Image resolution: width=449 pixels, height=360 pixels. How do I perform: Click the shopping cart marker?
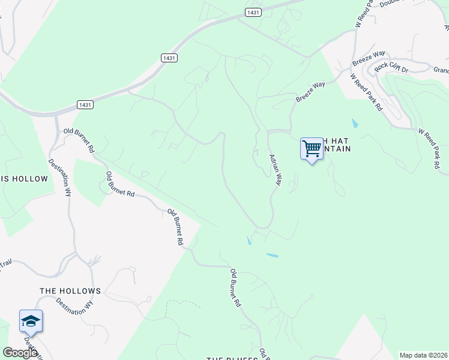pyautogui.click(x=312, y=149)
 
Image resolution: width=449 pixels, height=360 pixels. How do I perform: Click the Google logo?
pyautogui.click(x=20, y=353)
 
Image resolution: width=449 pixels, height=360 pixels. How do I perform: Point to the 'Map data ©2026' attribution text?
pyautogui.click(x=423, y=355)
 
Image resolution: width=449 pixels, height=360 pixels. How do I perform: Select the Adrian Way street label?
pyautogui.click(x=276, y=170)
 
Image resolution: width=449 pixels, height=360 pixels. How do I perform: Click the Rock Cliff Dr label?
pyautogui.click(x=391, y=65)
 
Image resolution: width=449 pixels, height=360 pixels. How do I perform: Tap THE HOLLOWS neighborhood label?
pyautogui.click(x=70, y=291)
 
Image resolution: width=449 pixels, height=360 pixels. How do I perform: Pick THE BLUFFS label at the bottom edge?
pyautogui.click(x=232, y=358)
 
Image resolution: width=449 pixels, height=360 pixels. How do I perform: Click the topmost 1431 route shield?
pyautogui.click(x=253, y=12)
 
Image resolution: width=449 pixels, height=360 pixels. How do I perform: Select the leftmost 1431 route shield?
pyautogui.click(x=85, y=104)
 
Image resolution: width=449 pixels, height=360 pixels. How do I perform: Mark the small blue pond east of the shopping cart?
pyautogui.click(x=355, y=124)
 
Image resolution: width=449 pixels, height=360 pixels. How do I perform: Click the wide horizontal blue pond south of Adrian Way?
pyautogui.click(x=272, y=255)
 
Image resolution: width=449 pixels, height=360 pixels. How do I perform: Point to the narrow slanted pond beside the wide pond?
pyautogui.click(x=249, y=241)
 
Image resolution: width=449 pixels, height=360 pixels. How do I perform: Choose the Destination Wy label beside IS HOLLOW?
pyautogui.click(x=60, y=178)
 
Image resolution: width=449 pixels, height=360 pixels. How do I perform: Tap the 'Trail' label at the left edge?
pyautogui.click(x=6, y=263)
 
